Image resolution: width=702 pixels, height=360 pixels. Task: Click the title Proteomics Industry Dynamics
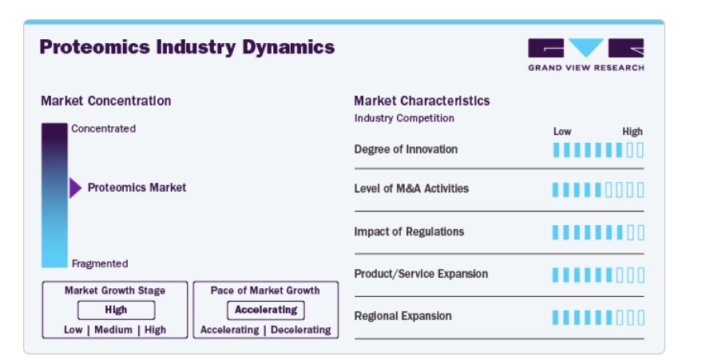187,47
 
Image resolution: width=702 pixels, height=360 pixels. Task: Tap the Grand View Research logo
586,54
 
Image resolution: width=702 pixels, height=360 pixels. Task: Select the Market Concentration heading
106,101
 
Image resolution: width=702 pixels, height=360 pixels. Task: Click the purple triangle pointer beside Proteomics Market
76,188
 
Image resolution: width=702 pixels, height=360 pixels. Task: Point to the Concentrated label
103,129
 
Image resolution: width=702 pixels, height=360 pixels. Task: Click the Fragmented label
100,264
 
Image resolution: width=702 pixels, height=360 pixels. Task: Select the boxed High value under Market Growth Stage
117,310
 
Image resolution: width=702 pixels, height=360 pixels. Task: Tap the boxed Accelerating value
266,310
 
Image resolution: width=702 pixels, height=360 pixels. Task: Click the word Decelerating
301,330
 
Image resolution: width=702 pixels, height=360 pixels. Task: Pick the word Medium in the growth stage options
113,330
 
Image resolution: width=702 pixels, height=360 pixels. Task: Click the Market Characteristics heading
422,101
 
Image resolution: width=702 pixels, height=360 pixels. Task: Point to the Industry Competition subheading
404,118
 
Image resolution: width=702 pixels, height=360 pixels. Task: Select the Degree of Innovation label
406,149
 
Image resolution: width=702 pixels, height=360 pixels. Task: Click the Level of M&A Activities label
411,188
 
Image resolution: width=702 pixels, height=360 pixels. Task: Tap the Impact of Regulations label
409,231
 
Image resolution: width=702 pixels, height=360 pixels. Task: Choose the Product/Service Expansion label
422,274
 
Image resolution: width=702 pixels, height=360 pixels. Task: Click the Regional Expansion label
403,316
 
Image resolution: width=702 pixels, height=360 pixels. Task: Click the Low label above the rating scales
562,132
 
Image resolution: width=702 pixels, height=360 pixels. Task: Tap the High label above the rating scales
633,132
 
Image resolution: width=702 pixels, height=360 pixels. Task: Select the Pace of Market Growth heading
265,291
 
